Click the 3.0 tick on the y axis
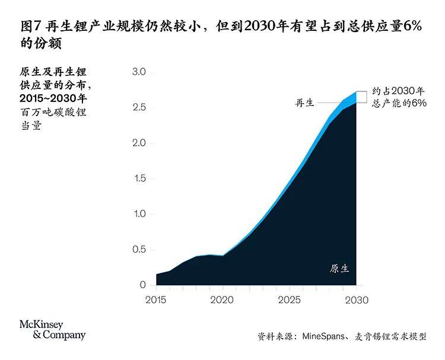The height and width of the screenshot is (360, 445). click(x=138, y=72)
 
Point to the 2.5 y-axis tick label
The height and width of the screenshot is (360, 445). click(x=138, y=107)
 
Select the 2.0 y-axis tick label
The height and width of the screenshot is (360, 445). click(x=138, y=143)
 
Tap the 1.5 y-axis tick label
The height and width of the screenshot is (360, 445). click(x=138, y=179)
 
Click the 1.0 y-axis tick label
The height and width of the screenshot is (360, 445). click(x=138, y=214)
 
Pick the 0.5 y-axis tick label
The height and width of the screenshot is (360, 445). click(x=138, y=249)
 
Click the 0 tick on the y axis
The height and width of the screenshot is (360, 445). click(x=142, y=285)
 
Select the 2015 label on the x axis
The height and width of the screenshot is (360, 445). click(x=157, y=300)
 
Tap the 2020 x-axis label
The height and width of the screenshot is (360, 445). click(x=223, y=300)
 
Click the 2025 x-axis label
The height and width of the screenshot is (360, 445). click(x=289, y=300)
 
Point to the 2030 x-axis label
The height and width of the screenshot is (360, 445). click(x=355, y=300)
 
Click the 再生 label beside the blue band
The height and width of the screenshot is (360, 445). click(x=305, y=103)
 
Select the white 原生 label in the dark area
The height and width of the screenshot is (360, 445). click(x=339, y=268)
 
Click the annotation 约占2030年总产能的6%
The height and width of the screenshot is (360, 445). click(x=399, y=97)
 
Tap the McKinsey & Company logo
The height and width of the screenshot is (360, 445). click(x=52, y=330)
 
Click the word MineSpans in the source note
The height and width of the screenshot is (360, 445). click(x=323, y=336)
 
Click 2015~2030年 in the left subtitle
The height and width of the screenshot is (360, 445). click(x=53, y=98)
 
